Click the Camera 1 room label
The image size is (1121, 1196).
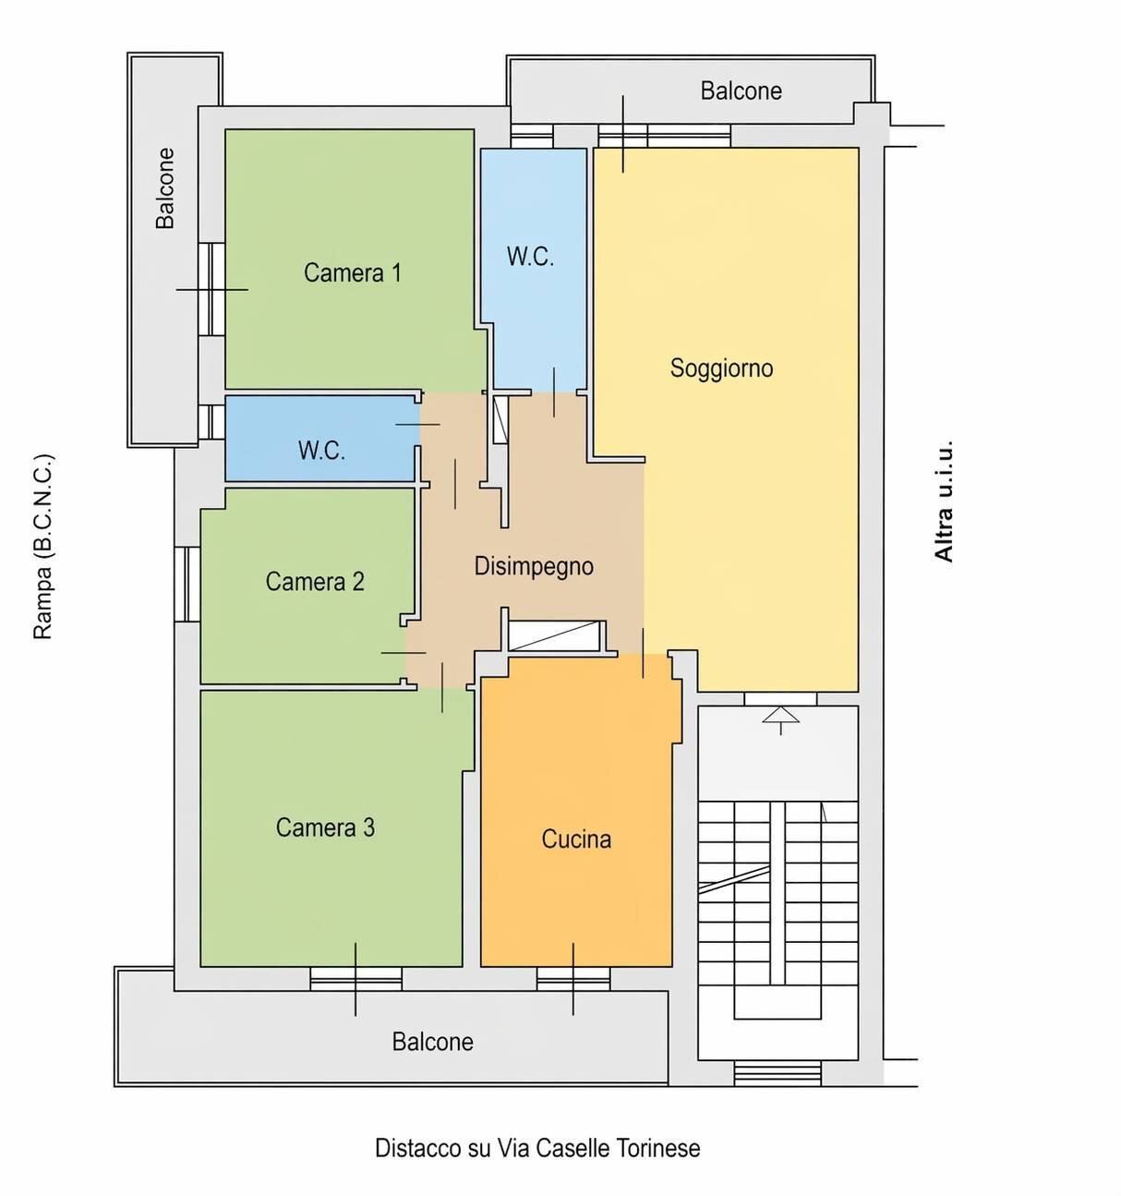tap(353, 272)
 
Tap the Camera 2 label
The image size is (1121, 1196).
tap(315, 582)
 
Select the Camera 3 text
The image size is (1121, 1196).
tap(325, 828)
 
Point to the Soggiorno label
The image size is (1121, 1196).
tap(722, 368)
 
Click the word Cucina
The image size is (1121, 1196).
tap(576, 840)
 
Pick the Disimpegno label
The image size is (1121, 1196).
tap(534, 567)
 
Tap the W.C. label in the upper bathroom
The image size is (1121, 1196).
tap(530, 257)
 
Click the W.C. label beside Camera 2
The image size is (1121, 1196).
tap(321, 451)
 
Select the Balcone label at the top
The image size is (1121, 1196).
tap(741, 91)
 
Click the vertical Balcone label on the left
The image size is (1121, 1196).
tap(165, 188)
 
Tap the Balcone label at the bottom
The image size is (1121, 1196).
tap(432, 1042)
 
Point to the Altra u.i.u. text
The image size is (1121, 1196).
tap(944, 501)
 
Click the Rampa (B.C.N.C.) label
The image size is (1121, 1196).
tap(43, 547)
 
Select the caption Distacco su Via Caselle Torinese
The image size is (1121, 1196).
tap(537, 1148)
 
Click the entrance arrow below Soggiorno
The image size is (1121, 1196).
tap(780, 720)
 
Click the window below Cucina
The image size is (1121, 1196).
tap(573, 979)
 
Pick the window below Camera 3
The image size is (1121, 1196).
tap(356, 979)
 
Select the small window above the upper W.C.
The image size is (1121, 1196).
tap(532, 136)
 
